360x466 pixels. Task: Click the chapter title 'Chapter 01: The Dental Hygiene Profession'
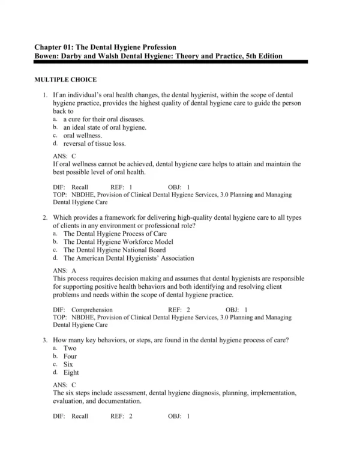click(x=105, y=46)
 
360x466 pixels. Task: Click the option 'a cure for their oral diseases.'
click(x=103, y=119)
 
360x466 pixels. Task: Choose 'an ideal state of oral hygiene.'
click(x=104, y=127)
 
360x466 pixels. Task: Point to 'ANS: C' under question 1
click(x=65, y=156)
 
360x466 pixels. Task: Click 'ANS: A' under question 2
click(x=65, y=271)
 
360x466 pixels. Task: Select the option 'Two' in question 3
click(x=70, y=348)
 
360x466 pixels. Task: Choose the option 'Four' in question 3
click(x=70, y=356)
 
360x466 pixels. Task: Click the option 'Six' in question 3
click(x=68, y=365)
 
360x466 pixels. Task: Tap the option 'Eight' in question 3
click(x=71, y=372)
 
